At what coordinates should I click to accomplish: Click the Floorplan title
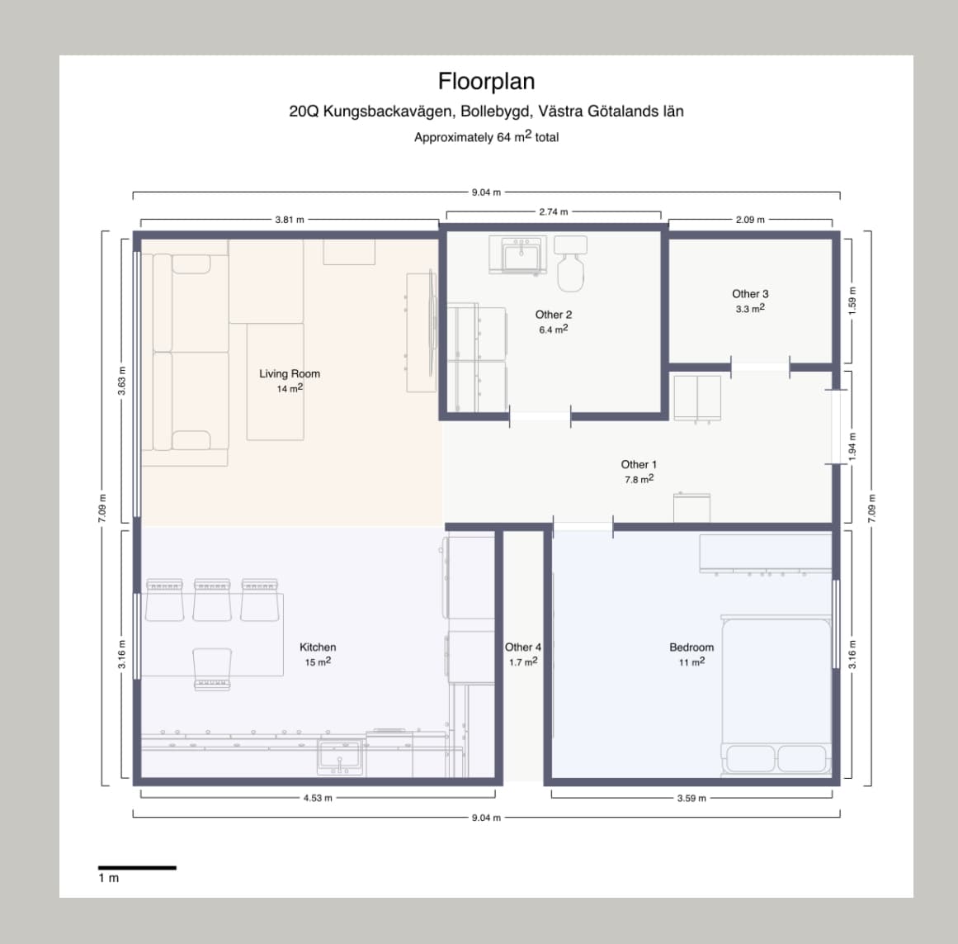pos(486,81)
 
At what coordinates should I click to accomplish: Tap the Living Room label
pos(290,373)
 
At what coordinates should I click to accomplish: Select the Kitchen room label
pos(318,648)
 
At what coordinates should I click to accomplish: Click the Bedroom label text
pos(691,648)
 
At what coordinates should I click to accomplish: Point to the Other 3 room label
pos(750,294)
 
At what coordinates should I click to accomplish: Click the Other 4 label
pos(523,648)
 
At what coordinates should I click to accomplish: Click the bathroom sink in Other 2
pos(517,255)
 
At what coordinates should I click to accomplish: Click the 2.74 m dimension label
pos(554,212)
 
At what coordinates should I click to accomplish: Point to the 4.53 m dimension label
pos(318,798)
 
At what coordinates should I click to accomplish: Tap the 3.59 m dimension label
pos(691,799)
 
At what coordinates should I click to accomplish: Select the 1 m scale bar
pos(137,868)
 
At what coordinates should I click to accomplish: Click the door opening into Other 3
pos(760,366)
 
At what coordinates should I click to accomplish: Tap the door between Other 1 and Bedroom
pos(583,526)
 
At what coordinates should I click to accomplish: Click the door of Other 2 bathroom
pos(540,416)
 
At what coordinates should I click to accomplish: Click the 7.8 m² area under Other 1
pos(639,480)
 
